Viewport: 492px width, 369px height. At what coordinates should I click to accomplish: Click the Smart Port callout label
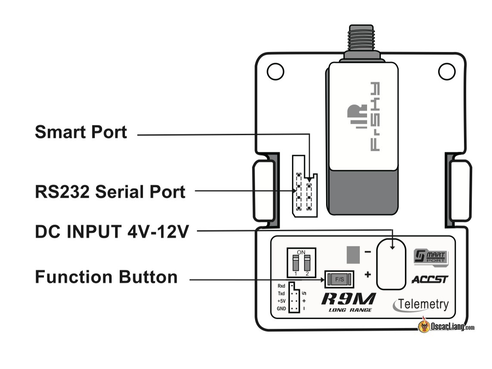click(81, 132)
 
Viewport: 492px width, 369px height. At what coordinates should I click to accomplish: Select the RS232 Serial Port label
click(110, 192)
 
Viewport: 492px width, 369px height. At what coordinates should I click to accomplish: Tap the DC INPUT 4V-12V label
click(112, 232)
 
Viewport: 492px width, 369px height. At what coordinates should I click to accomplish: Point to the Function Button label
click(106, 277)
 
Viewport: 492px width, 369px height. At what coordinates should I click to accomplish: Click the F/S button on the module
click(339, 279)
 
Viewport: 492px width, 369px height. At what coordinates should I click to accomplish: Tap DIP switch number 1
click(296, 262)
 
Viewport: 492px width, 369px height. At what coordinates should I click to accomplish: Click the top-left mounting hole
click(275, 71)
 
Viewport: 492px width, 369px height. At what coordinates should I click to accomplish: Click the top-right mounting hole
click(447, 71)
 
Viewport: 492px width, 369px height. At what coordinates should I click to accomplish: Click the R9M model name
click(348, 299)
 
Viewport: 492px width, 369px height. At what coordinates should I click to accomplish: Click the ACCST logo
click(430, 279)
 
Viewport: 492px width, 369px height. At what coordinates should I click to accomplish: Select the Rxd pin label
click(281, 286)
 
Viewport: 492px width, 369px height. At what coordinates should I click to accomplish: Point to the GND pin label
click(281, 309)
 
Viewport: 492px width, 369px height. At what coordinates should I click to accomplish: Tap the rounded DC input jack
click(391, 264)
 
